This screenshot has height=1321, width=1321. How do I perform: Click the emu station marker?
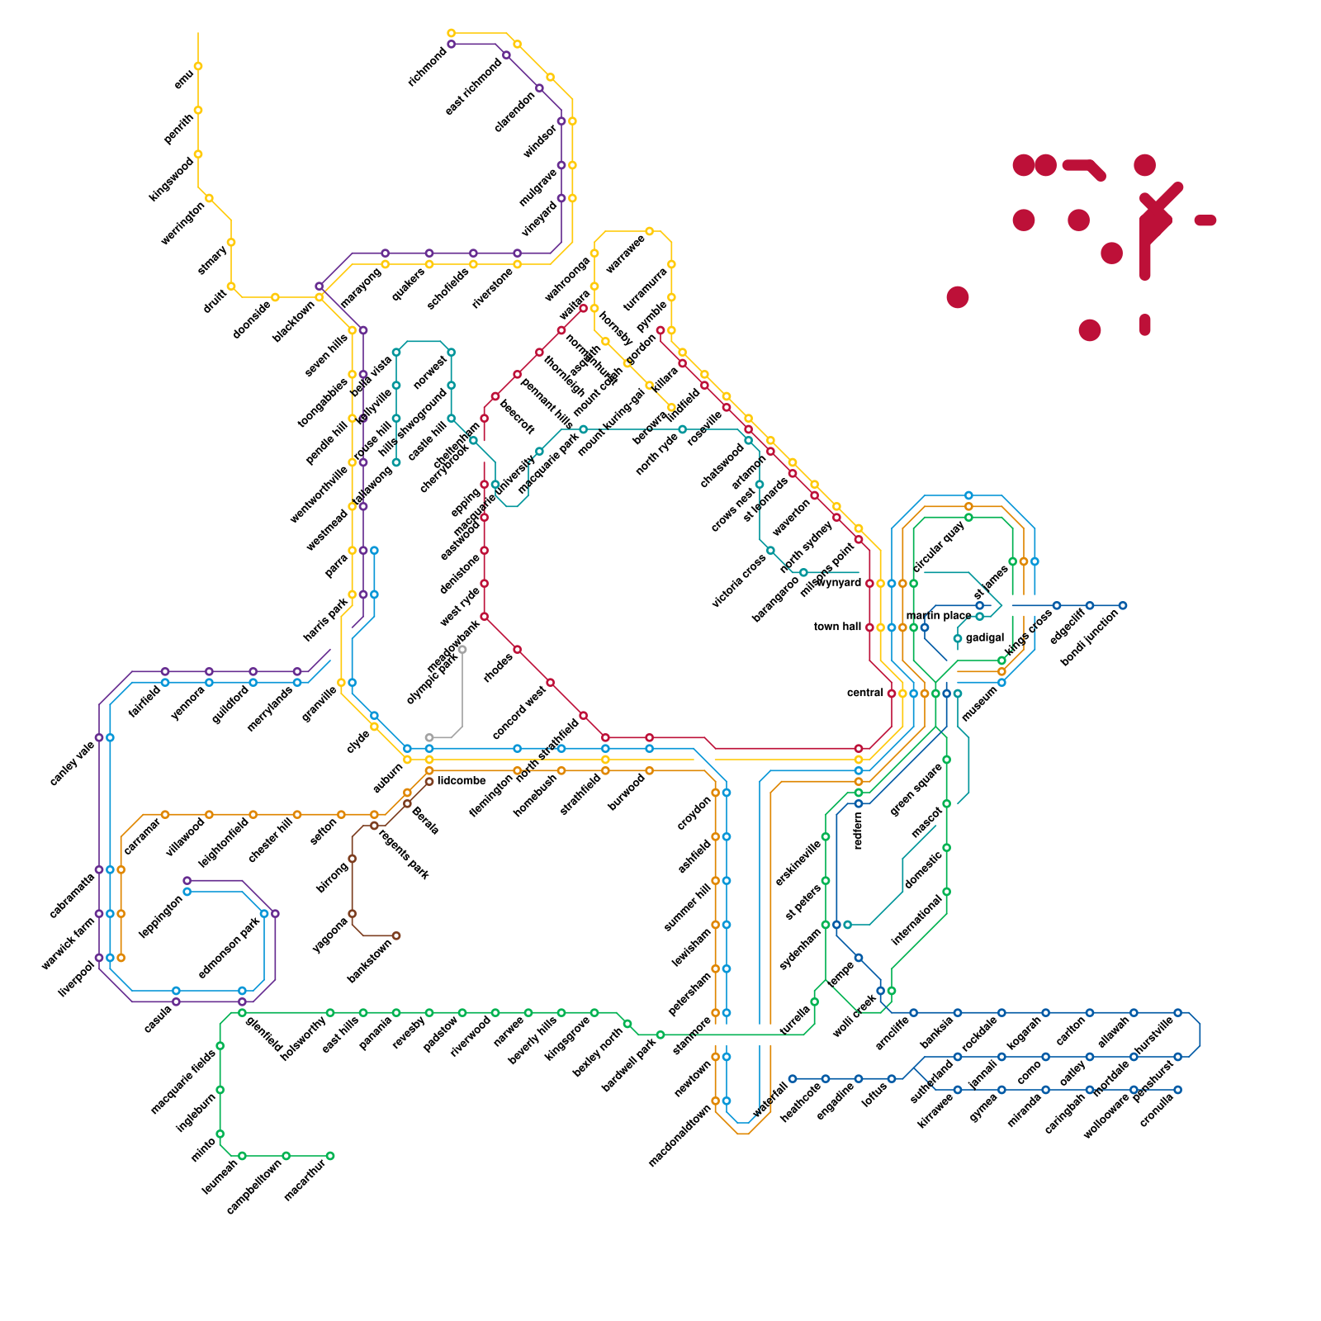point(198,66)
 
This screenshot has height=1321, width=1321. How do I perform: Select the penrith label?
point(178,129)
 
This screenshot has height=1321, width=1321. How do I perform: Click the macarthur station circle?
point(330,1156)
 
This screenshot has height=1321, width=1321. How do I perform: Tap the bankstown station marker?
point(396,935)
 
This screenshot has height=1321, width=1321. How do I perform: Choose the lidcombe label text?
point(462,780)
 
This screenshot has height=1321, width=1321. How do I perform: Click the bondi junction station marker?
point(1123,605)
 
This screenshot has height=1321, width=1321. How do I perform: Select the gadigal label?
point(985,638)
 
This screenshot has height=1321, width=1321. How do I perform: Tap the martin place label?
point(939,616)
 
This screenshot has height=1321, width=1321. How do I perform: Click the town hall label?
point(837,627)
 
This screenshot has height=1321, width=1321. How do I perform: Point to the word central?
point(865,693)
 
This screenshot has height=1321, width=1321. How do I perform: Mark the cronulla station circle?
point(1178,1090)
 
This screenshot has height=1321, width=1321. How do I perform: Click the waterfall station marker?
point(793,1078)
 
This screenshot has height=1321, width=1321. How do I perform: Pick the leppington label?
point(160,916)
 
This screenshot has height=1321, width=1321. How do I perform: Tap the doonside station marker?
point(275,297)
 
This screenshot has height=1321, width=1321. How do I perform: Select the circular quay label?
point(939,547)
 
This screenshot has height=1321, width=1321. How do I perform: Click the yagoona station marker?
point(353,914)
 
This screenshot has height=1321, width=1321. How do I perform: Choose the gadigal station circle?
point(958,638)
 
